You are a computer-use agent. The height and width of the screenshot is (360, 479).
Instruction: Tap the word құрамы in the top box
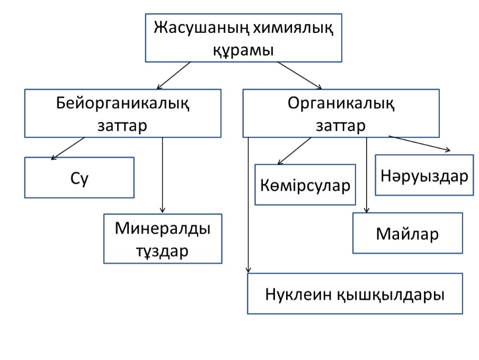[x=243, y=51]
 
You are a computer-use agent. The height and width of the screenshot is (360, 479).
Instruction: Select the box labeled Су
[x=79, y=178]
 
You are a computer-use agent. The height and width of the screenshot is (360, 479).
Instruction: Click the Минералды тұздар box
[x=163, y=239]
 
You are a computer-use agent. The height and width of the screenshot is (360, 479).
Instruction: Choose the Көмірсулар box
[x=305, y=185]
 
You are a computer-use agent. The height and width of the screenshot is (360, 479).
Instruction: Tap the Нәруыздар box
[x=424, y=175]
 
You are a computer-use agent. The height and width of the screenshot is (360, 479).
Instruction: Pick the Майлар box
[x=407, y=233]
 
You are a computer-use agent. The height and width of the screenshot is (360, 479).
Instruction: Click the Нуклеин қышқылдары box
[x=355, y=294]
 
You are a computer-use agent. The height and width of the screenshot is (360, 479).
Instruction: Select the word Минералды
[x=163, y=229]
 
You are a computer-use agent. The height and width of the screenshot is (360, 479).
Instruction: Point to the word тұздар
[x=163, y=250]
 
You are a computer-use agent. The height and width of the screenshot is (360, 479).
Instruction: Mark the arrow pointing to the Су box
[x=68, y=148]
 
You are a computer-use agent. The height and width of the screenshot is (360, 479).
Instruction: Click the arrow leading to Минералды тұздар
[x=163, y=175]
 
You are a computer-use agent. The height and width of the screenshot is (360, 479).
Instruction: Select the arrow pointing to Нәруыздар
[x=420, y=144]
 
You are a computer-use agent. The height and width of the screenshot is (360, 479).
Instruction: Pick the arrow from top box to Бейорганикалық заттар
[x=174, y=75]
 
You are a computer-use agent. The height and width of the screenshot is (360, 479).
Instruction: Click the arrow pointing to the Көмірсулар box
[x=294, y=151]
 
